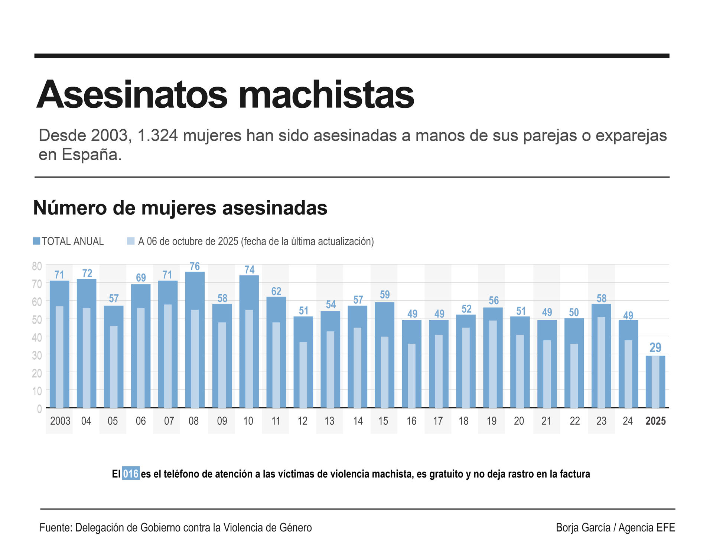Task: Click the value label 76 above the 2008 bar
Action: click(195, 266)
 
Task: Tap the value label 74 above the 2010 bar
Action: click(249, 270)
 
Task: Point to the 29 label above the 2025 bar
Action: click(655, 347)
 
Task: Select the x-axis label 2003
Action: click(60, 421)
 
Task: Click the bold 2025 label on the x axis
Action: click(655, 421)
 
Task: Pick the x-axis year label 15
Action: click(383, 421)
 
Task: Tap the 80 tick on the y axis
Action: click(37, 266)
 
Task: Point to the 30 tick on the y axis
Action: click(37, 355)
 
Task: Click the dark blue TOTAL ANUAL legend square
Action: click(36, 241)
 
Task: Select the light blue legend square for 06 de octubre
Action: click(131, 241)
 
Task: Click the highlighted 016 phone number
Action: click(131, 474)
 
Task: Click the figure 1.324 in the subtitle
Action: click(157, 136)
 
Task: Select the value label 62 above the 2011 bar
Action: click(276, 291)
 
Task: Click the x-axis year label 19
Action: click(491, 421)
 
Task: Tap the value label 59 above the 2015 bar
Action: click(385, 295)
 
